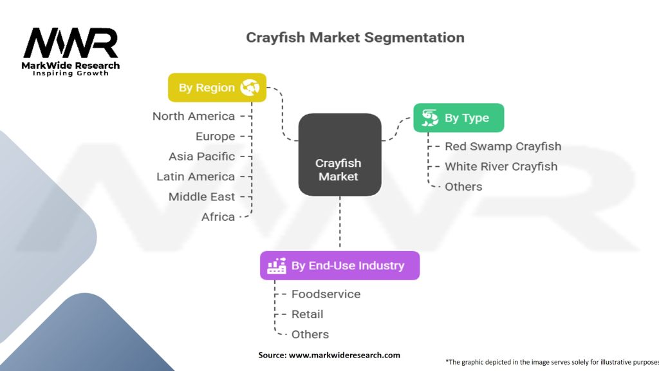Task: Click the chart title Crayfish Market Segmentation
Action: point(355,37)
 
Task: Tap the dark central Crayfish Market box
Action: point(339,155)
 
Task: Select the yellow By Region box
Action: point(217,88)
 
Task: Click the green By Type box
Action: point(458,118)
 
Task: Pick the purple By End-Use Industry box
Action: point(339,265)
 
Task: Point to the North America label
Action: point(194,116)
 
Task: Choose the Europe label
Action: point(215,137)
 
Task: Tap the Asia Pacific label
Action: point(201,157)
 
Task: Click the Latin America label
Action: point(196,176)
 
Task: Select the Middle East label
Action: point(201,196)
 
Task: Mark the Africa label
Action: point(218,217)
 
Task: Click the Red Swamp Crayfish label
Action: point(503,146)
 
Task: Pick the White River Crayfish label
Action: point(501,166)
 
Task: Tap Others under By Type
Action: point(463,187)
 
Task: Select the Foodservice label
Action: point(326,294)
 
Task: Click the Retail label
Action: point(307,314)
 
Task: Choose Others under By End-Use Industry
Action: point(310,334)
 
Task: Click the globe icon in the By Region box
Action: point(249,88)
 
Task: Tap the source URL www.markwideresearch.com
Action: point(344,355)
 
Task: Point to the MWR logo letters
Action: point(71,44)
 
